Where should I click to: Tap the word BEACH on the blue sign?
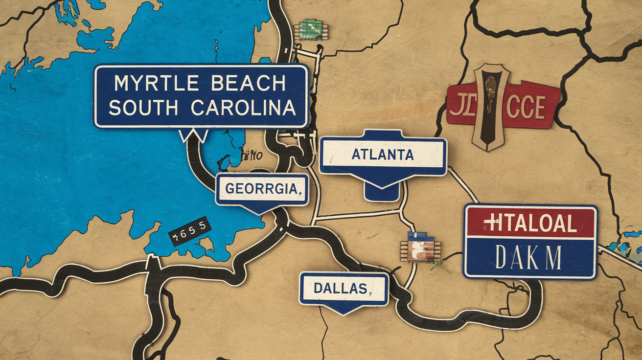click(249, 84)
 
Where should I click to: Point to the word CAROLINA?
click(243, 108)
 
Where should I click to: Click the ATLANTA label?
click(383, 155)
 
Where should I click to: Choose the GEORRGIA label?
click(262, 189)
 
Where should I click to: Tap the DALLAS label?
click(341, 288)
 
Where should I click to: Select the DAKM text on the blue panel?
click(528, 258)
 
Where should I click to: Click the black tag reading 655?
click(190, 231)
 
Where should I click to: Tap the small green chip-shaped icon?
click(310, 29)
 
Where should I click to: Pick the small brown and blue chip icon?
click(420, 249)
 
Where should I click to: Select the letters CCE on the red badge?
click(526, 107)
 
